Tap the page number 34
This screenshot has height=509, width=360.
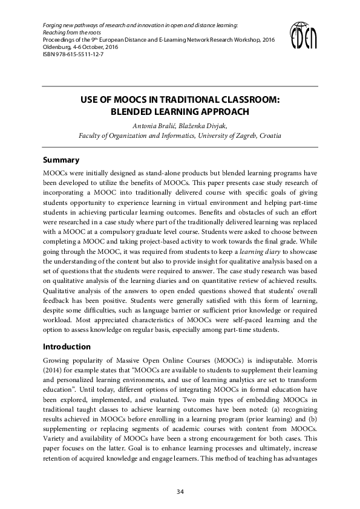pos(180,491)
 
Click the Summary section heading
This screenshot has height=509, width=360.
pos(61,160)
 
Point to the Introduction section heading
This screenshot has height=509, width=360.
pos(67,347)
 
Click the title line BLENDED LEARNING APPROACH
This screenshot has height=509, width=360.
pos(180,112)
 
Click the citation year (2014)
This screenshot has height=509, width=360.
pos(53,372)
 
